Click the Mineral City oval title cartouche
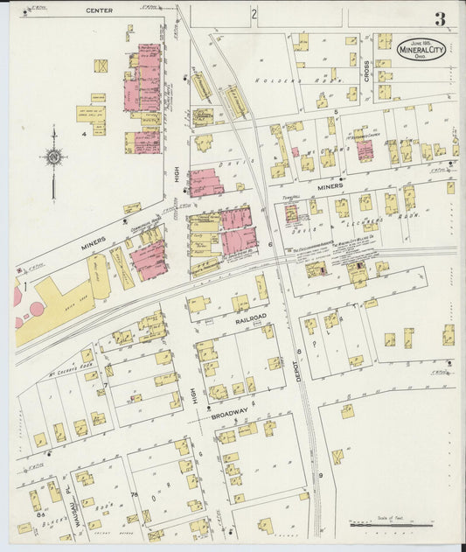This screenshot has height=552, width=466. pos(421,49)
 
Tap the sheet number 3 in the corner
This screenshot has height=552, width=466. pos(440,18)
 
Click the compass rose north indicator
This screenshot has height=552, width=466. pos(53,158)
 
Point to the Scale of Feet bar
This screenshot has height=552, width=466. pos(391,525)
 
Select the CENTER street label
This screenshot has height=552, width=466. pos(100,10)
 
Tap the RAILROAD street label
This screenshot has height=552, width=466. pos(249,321)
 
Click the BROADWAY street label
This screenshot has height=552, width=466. pos(230,415)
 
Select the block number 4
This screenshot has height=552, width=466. pos(84,134)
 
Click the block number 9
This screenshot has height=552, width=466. pos(321,475)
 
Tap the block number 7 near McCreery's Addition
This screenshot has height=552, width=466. pos(105,385)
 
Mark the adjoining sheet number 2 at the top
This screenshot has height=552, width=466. pos(254,14)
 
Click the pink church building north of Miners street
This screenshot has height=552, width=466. pos(365,150)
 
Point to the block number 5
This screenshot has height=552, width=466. pos(335,113)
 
